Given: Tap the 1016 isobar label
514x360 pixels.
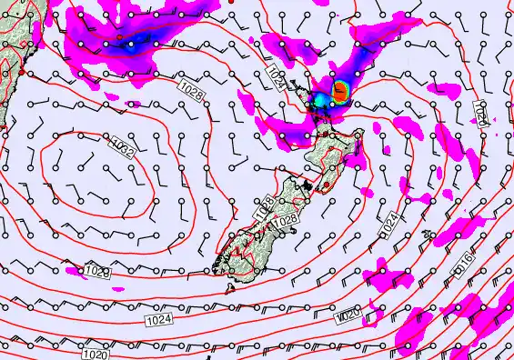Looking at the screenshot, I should [x=461, y=265].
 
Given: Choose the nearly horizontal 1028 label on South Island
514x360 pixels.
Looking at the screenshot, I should [x=285, y=220].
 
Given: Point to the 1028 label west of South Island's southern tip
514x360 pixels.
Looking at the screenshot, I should [x=97, y=272].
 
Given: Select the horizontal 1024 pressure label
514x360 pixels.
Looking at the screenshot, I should [x=158, y=319].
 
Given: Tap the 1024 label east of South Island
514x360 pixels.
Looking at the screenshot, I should [x=388, y=221].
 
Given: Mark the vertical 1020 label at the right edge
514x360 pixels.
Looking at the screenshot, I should [x=482, y=113].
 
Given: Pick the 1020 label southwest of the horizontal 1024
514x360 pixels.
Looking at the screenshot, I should [x=94, y=355].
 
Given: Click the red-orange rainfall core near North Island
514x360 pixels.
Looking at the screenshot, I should [x=340, y=89].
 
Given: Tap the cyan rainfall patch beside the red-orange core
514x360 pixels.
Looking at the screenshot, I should [x=322, y=98].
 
